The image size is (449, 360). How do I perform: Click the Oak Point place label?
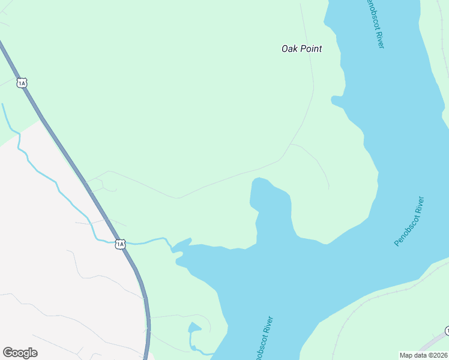coord(301,49)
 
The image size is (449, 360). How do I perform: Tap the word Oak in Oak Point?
coord(289,49)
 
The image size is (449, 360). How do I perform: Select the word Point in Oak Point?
coord(310,49)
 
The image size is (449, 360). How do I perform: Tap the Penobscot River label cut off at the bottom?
coord(263,339)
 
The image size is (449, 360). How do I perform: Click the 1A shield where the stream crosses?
coord(120,244)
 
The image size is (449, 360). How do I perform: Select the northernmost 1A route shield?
coord(22,83)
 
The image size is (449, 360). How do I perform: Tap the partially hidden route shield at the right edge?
coord(447,331)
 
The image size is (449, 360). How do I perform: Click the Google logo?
coord(20,352)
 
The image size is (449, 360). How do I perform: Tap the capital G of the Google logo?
coord(8,352)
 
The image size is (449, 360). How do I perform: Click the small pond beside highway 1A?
coord(194,328)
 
